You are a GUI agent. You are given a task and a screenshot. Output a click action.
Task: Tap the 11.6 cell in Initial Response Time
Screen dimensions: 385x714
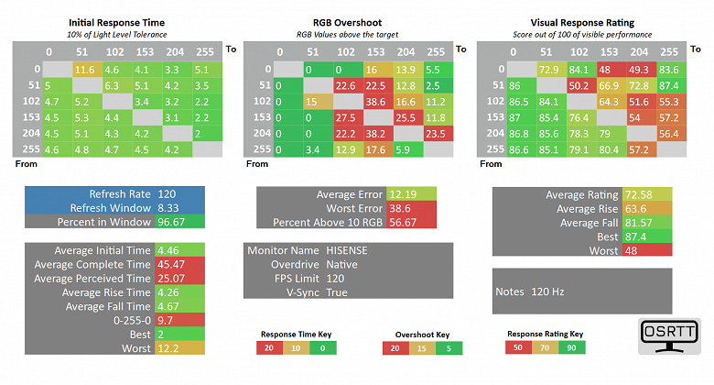(85, 69)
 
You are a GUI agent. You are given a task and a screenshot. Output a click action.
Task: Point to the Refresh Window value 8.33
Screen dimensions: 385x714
(170, 208)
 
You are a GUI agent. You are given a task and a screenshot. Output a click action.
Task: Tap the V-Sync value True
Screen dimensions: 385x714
(337, 292)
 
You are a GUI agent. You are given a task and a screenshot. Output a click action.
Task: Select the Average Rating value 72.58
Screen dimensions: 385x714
(638, 194)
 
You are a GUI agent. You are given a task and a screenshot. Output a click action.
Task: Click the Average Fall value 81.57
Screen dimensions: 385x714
(638, 223)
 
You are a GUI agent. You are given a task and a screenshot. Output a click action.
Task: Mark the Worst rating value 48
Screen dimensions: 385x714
(631, 250)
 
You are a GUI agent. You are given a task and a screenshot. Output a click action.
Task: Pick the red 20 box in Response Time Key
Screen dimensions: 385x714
(269, 348)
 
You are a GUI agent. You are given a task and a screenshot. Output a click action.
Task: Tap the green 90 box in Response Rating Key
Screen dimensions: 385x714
(570, 348)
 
